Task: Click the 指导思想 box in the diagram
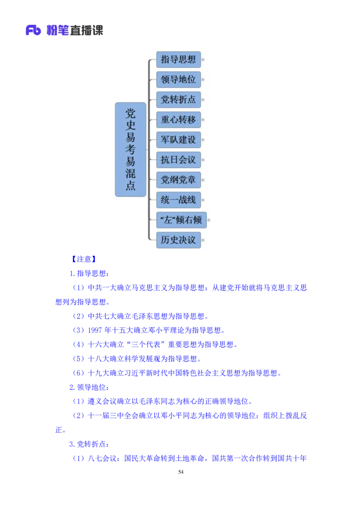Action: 178,59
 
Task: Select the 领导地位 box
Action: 178,80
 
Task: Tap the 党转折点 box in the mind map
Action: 178,99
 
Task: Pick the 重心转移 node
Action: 178,120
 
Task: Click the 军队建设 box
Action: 178,140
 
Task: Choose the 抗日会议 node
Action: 178,159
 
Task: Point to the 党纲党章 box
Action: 178,180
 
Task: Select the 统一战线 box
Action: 178,200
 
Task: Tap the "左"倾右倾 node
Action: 181,220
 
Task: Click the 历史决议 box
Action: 178,240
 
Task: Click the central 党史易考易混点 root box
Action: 131,150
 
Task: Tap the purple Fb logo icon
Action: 33,30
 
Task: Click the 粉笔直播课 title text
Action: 75,30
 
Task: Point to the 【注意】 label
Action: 84,259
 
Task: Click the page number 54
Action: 181,472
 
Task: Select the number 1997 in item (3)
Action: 95,330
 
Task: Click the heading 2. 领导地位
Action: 89,387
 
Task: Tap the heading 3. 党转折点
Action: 89,444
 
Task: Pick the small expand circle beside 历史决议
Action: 203,240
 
